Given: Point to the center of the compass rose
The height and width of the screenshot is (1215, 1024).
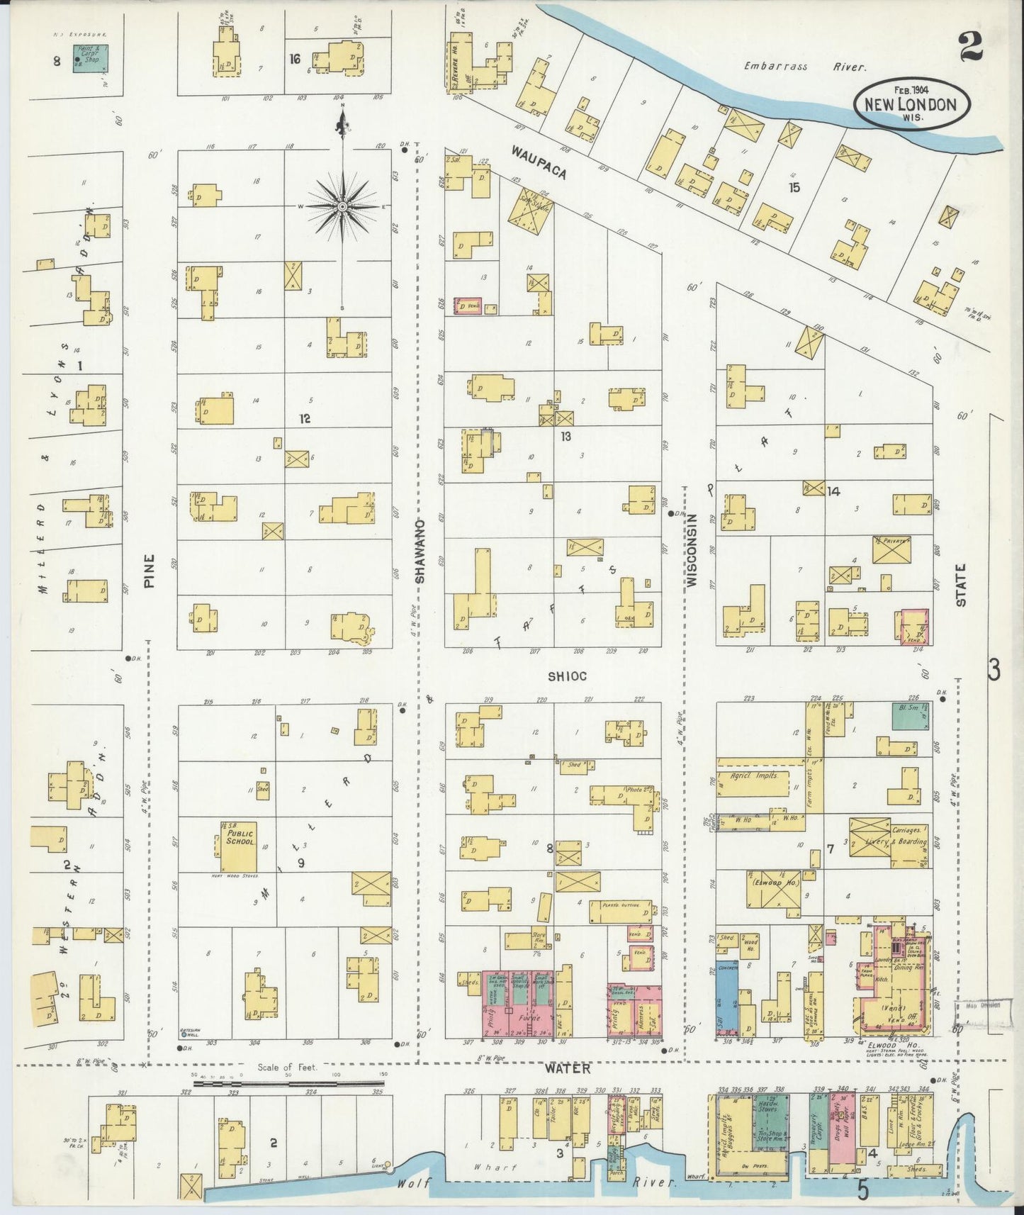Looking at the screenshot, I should [x=342, y=206].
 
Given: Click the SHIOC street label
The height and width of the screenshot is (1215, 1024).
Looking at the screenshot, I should [x=567, y=676].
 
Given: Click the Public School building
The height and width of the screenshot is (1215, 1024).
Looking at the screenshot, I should [x=237, y=847].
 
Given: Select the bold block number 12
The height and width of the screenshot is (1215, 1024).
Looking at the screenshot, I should [x=305, y=419].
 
